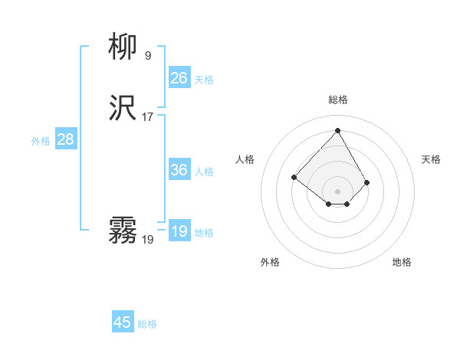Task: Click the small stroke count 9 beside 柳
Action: [147, 55]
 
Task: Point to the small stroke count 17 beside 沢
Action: [147, 117]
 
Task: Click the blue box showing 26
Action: [179, 77]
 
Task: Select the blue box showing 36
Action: [179, 170]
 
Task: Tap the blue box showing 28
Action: [66, 139]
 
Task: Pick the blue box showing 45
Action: [123, 322]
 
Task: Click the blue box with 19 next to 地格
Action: [179, 231]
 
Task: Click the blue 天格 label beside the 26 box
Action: [204, 79]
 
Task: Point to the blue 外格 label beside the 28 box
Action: [41, 141]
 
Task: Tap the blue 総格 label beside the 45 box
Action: [147, 324]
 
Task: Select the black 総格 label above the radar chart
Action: [338, 100]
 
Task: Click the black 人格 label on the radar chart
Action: [245, 159]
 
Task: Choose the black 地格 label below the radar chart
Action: [402, 262]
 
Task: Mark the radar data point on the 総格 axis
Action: [337, 130]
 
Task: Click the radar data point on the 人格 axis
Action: [294, 177]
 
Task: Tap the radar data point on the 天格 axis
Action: [367, 182]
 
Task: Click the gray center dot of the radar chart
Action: [337, 191]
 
